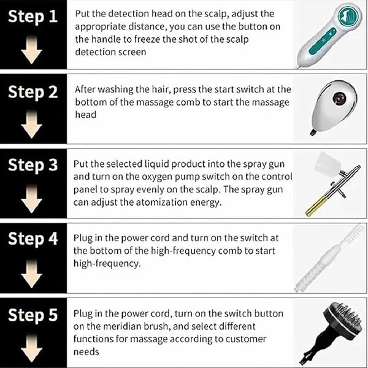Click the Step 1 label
(x=33, y=17)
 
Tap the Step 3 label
(x=33, y=165)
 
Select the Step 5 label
(x=33, y=315)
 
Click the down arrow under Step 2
(x=31, y=125)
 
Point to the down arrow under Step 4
(x=31, y=274)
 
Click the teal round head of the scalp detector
(x=348, y=16)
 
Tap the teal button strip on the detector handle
(x=323, y=40)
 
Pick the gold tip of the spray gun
(x=316, y=207)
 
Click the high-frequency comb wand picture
(x=329, y=258)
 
